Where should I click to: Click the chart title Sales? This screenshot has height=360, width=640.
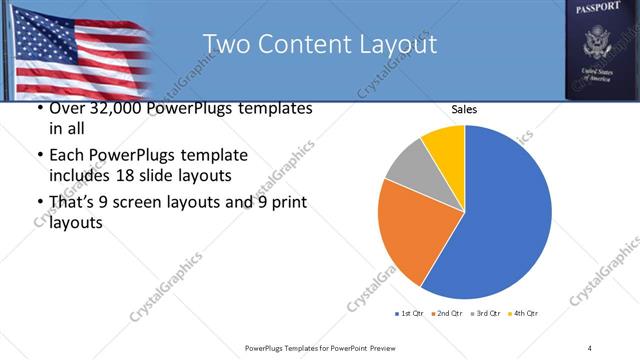(x=463, y=110)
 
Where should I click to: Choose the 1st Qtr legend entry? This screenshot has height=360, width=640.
(x=411, y=314)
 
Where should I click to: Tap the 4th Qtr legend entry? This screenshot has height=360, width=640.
(x=526, y=314)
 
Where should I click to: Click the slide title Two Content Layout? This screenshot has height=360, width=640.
(x=319, y=44)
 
